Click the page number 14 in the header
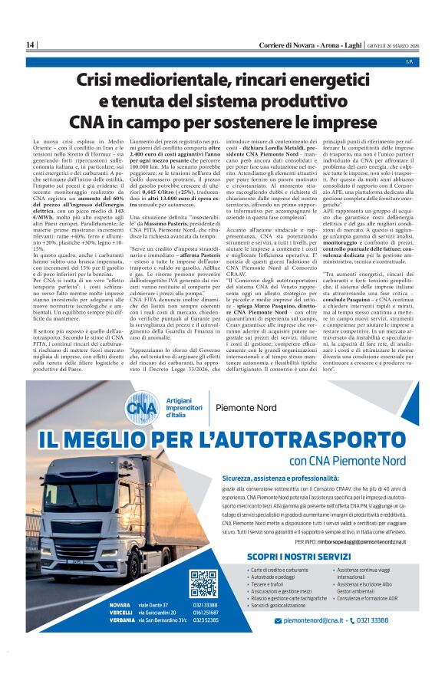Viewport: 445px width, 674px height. click(x=29, y=45)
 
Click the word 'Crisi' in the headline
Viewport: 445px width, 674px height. click(x=100, y=80)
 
